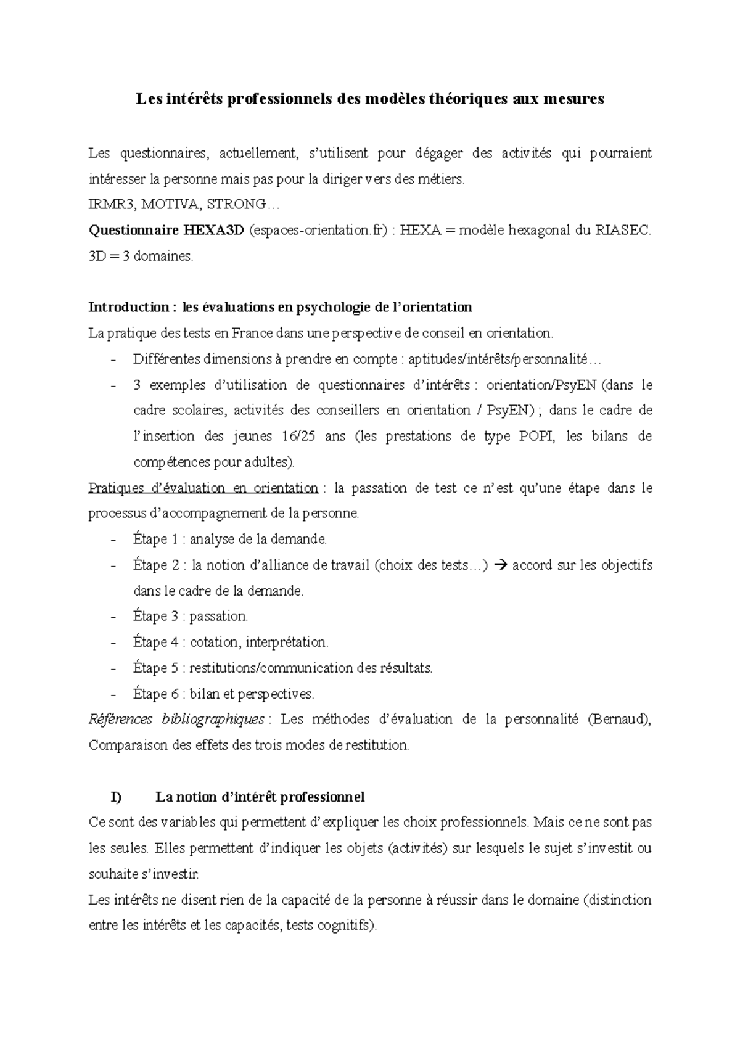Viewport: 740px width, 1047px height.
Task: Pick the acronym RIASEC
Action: [622, 231]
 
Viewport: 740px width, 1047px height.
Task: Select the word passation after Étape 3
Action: [218, 617]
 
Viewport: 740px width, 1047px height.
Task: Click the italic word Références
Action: [120, 720]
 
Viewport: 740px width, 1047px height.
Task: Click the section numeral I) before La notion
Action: [116, 797]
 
